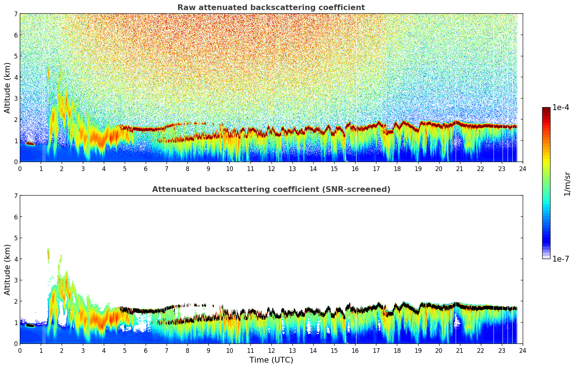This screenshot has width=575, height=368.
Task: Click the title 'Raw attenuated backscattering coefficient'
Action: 271,8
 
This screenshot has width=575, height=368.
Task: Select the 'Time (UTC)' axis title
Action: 271,360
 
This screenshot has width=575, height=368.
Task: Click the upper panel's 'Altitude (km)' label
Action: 8,88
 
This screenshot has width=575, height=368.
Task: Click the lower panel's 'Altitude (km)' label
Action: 8,270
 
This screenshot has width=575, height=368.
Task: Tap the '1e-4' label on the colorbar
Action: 561,108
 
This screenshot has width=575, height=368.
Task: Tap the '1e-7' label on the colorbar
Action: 561,259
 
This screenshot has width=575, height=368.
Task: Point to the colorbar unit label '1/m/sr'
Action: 567,184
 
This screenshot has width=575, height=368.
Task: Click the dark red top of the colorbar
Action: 546,109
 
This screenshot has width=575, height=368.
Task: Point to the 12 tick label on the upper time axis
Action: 271,169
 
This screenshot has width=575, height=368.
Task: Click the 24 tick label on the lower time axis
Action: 522,351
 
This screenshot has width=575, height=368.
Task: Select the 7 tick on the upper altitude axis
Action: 16,14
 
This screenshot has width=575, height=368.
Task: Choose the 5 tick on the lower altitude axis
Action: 16,238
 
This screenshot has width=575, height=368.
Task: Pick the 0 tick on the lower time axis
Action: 20,351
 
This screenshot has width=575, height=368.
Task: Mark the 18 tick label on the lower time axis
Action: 397,351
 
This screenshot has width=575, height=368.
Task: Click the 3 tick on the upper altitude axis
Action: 16,98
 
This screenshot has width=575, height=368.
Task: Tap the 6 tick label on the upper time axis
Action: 146,169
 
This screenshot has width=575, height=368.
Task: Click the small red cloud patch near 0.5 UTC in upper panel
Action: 30,144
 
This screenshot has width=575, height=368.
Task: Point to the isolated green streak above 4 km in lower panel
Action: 48,254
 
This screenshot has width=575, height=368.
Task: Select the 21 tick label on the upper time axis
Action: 460,169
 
